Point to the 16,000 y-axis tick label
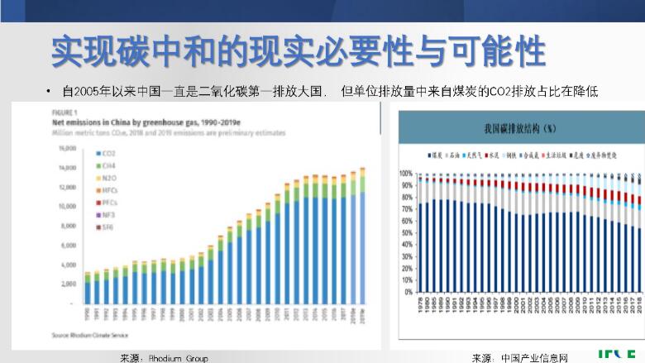click(67, 149)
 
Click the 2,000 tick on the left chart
click(69, 284)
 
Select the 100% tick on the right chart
click(406, 174)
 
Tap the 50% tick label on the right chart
click(408, 233)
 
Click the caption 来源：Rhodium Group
click(164, 358)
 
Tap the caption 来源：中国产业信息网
click(520, 358)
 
